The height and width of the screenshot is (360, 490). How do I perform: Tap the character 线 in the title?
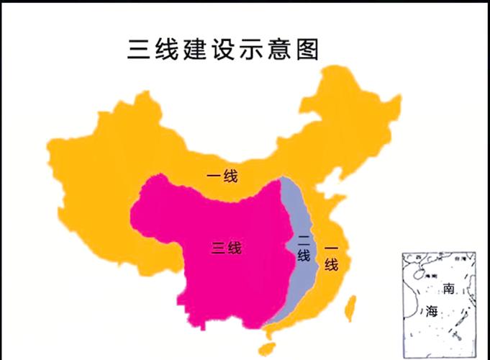[x=167, y=50]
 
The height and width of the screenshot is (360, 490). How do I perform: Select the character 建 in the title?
[x=196, y=50]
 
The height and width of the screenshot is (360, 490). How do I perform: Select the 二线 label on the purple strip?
[x=304, y=247]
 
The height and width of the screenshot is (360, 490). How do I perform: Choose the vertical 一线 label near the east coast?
[x=331, y=256]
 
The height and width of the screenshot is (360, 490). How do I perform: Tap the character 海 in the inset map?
[x=431, y=311]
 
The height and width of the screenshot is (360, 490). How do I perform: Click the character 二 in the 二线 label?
[x=304, y=239]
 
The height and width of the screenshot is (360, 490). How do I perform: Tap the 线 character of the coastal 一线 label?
[x=331, y=264]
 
